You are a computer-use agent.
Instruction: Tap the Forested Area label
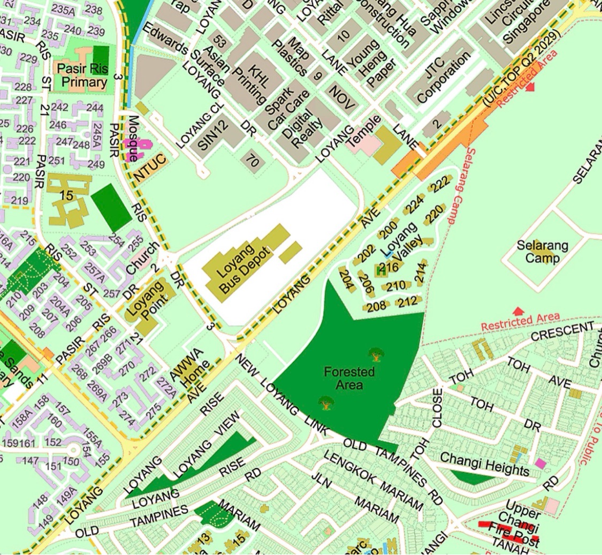pyautogui.click(x=349, y=378)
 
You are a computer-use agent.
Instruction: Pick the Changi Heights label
pyautogui.click(x=484, y=464)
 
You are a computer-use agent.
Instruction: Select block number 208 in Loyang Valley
pyautogui.click(x=376, y=306)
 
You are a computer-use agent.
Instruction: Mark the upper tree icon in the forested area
pyautogui.click(x=376, y=354)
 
